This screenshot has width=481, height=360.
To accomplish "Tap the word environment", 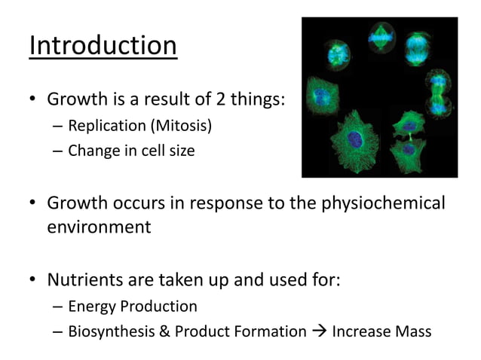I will pyautogui.click(x=99, y=227).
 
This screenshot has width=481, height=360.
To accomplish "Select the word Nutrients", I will pyautogui.click(x=86, y=280).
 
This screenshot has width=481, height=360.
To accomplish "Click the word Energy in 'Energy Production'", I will pyautogui.click(x=90, y=306).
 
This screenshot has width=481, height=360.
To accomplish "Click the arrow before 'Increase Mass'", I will pyautogui.click(x=319, y=331).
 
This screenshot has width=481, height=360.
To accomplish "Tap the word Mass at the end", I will pyautogui.click(x=412, y=331).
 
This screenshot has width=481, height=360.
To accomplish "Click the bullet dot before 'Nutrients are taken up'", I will pyautogui.click(x=33, y=282).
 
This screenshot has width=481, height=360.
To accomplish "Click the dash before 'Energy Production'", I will pyautogui.click(x=58, y=307).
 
